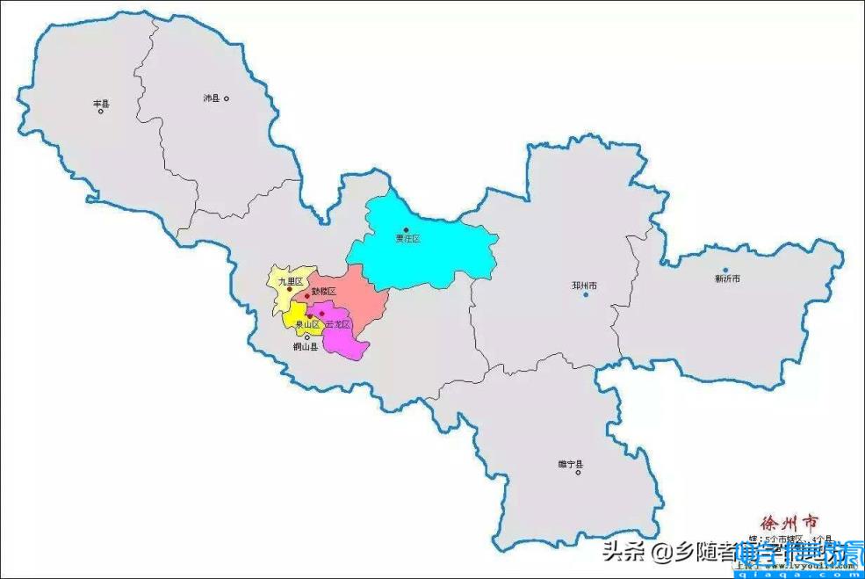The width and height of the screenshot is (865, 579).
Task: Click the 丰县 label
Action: tap(101, 103)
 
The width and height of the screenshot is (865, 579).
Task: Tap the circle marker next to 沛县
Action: tap(226, 98)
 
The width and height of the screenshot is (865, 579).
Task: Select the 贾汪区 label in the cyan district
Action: tap(407, 239)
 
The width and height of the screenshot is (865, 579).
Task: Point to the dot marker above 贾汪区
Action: tap(406, 230)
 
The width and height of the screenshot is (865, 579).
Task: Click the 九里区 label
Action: tap(290, 282)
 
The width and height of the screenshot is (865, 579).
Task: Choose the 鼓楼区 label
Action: tap(324, 291)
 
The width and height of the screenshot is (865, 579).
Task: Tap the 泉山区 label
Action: tap(307, 324)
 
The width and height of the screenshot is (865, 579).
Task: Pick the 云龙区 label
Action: tap(337, 324)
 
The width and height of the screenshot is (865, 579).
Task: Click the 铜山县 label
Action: tap(305, 347)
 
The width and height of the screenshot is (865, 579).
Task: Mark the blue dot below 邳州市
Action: tap(585, 294)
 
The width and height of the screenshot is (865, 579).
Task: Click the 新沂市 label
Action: tap(727, 279)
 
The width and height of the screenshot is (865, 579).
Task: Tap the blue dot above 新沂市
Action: tap(725, 270)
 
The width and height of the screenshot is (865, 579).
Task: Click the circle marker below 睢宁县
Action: tap(578, 473)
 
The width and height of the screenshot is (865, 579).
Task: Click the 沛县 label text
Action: tap(211, 98)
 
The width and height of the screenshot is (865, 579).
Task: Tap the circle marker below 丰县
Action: tap(101, 111)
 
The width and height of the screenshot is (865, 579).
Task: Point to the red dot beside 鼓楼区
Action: tap(306, 295)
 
